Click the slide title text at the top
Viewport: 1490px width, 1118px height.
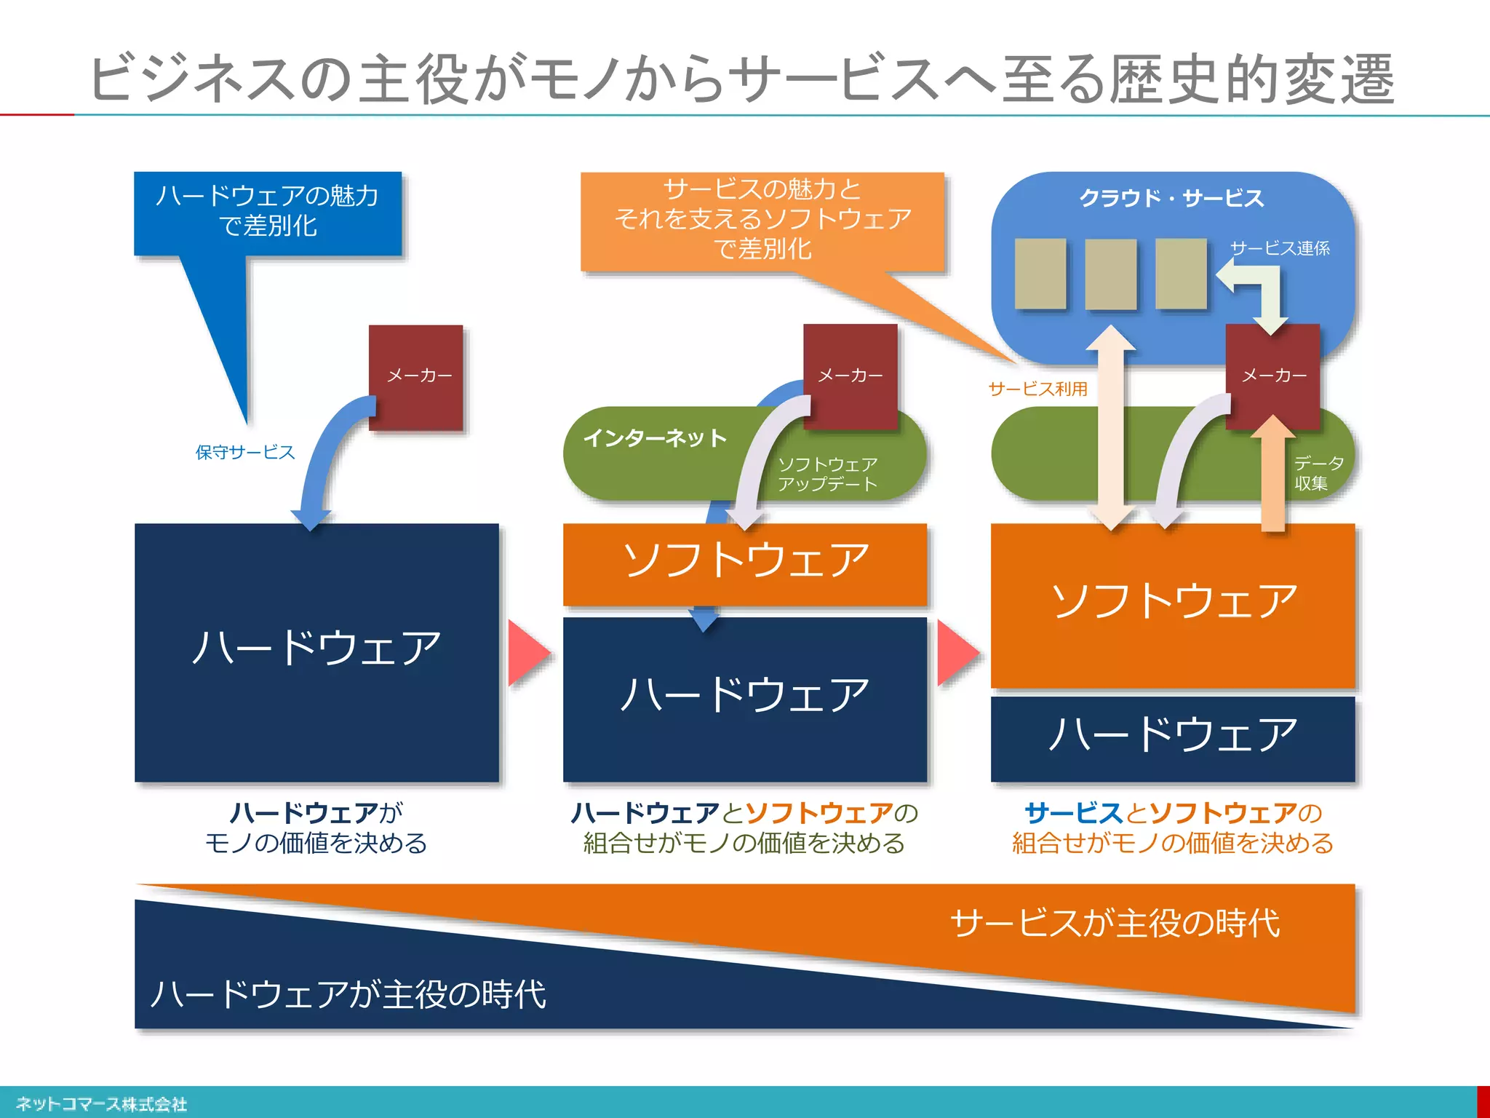coord(742,79)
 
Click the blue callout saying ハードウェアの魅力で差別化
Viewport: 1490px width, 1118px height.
coord(268,211)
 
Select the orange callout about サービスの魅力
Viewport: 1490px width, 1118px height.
coord(762,219)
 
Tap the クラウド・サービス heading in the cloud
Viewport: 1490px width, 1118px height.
coord(1171,198)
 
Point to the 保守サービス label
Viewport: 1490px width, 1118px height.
coord(245,452)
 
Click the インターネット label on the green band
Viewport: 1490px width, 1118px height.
coord(655,438)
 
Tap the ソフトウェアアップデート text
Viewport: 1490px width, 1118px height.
coord(828,474)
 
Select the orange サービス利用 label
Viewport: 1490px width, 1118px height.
coord(1037,389)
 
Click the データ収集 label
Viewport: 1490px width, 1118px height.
coord(1317,473)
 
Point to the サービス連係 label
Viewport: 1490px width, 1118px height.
coord(1280,249)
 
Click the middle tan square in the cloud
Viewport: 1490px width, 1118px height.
coord(1110,274)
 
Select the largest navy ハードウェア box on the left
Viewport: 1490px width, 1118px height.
coord(316,651)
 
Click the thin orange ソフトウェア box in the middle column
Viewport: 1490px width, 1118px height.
coord(745,562)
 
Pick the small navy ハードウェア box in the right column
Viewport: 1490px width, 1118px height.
coord(1173,737)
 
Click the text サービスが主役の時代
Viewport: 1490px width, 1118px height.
coord(1115,923)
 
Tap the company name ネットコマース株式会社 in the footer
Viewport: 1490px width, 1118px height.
coord(102,1104)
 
